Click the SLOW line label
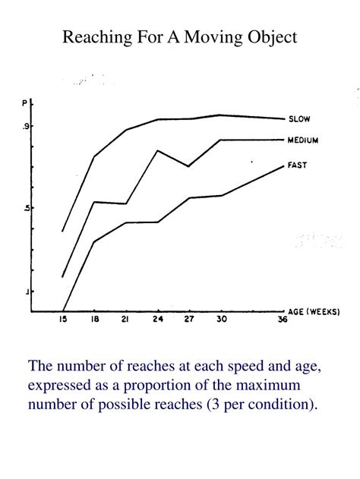[299, 119]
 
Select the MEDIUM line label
[303, 140]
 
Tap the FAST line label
[297, 165]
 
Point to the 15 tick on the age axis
[63, 320]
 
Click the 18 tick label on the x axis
[94, 320]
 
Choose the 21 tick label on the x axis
[125, 320]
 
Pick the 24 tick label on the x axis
[157, 320]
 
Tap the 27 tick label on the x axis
[189, 320]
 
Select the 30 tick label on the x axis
[220, 320]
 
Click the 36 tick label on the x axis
[283, 320]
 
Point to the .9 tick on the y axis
[25, 127]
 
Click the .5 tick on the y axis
[25, 209]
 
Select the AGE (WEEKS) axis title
[314, 312]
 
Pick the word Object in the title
[271, 37]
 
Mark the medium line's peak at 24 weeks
[157, 150]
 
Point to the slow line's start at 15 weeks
[63, 231]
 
